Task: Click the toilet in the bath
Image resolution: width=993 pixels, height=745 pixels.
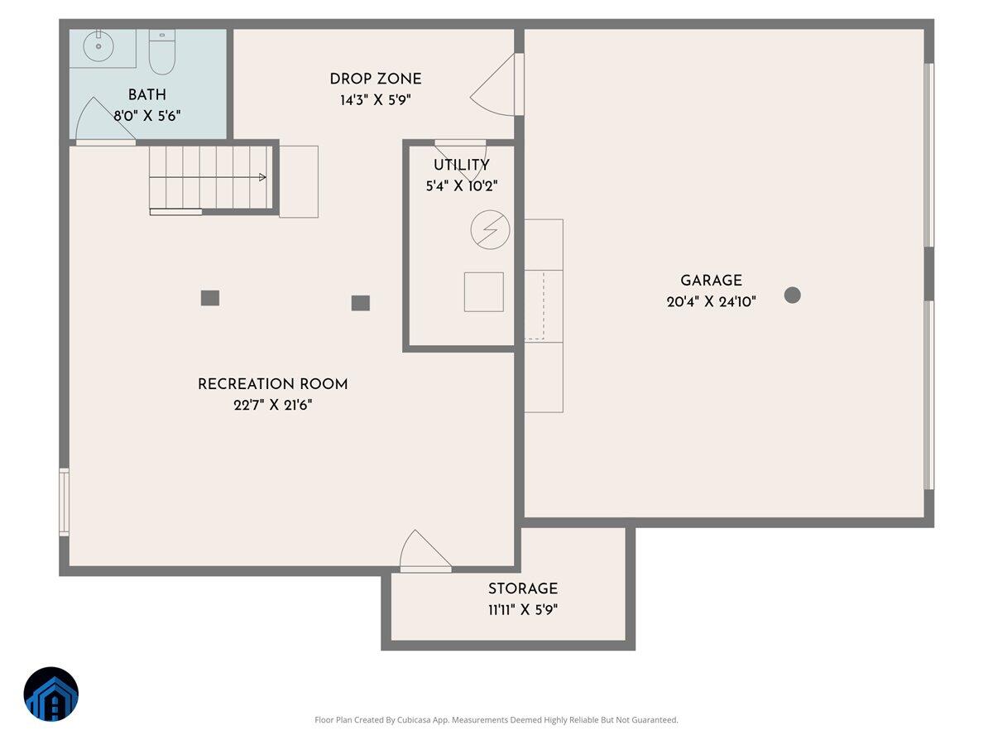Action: pyautogui.click(x=161, y=52)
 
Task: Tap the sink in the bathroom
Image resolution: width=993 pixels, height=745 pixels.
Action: pyautogui.click(x=98, y=47)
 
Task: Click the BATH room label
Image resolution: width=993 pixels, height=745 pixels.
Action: pyautogui.click(x=146, y=95)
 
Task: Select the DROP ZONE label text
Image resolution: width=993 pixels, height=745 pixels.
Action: pyautogui.click(x=375, y=79)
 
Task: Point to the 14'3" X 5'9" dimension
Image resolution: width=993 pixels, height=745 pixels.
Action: pyautogui.click(x=375, y=101)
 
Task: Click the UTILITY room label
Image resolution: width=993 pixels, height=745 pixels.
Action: pyautogui.click(x=461, y=166)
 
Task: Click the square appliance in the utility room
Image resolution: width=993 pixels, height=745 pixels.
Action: pyautogui.click(x=484, y=292)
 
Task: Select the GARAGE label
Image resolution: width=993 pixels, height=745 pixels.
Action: pyautogui.click(x=711, y=281)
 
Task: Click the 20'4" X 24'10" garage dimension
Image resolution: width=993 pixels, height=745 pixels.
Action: pyautogui.click(x=711, y=303)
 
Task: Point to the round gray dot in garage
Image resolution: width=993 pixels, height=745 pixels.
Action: pyautogui.click(x=793, y=295)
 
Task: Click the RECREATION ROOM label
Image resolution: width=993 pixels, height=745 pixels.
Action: pyautogui.click(x=272, y=385)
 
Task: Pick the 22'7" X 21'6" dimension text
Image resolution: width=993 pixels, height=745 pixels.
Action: pyautogui.click(x=272, y=406)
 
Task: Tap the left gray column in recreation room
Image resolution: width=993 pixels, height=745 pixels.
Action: pyautogui.click(x=210, y=298)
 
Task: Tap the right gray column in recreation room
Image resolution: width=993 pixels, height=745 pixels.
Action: pyautogui.click(x=360, y=303)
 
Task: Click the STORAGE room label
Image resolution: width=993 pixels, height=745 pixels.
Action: pyautogui.click(x=522, y=589)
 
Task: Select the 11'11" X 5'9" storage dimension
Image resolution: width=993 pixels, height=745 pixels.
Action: pyautogui.click(x=522, y=611)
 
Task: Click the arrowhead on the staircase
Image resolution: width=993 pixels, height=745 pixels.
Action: pyautogui.click(x=262, y=177)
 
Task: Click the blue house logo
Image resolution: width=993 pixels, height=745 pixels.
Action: pyautogui.click(x=51, y=694)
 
